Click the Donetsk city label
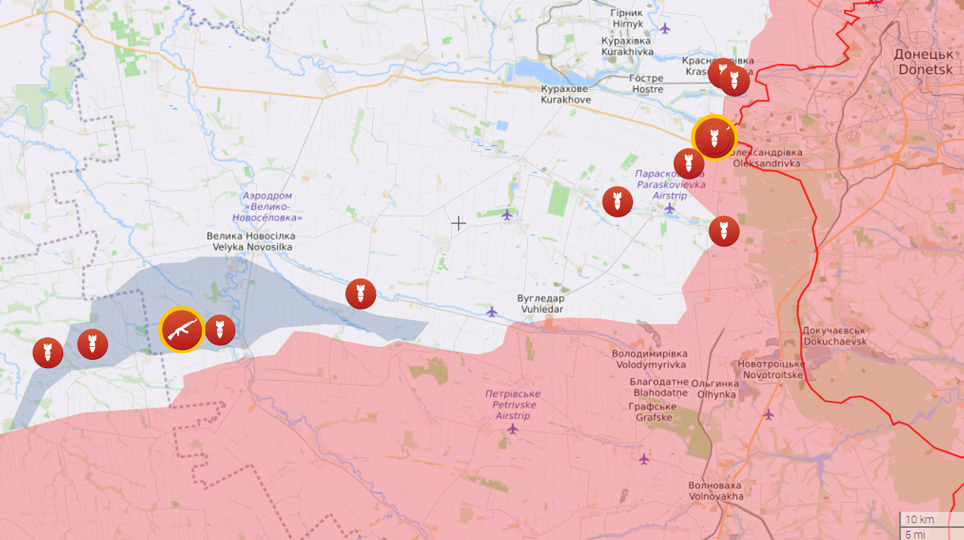[924, 62]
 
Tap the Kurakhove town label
[565, 94]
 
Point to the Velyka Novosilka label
[250, 241]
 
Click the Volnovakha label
[715, 491]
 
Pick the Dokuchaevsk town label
[834, 336]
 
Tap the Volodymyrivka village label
[649, 359]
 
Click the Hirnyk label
[627, 18]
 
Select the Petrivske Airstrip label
[513, 399]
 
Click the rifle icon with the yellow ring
[182, 330]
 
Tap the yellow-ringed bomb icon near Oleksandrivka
[714, 138]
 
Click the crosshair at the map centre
[459, 223]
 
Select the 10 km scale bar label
[921, 519]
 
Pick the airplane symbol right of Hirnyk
[666, 28]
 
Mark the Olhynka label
[716, 389]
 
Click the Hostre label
[647, 84]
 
